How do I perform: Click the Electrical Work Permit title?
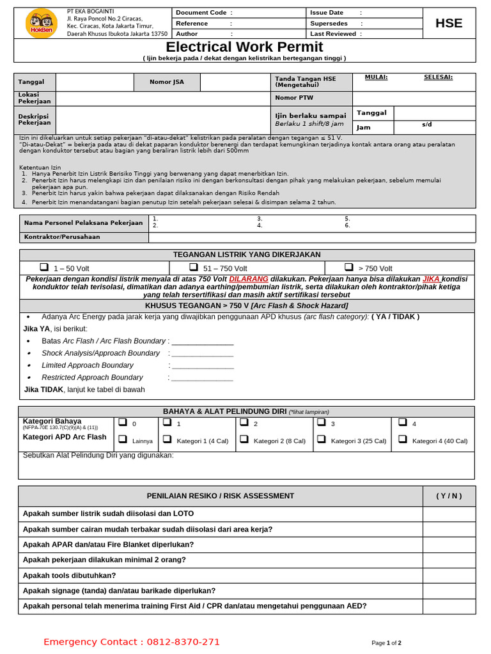coord(244,47)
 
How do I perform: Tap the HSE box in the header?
coord(448,24)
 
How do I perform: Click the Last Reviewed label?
coord(332,34)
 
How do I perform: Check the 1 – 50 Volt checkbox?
coord(44,267)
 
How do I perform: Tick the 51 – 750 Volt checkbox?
coord(194,267)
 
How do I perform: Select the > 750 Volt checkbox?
coord(348,267)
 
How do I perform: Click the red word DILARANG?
coord(249,279)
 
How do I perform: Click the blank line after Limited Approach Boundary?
coord(202,366)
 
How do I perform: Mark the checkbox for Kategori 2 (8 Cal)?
coord(244,439)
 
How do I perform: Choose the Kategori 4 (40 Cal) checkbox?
coord(402,439)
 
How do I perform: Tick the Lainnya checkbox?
coord(123,439)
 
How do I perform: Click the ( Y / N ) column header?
coord(449,496)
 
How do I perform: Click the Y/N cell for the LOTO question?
coord(449,513)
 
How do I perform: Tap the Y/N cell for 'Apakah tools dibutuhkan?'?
coord(449,575)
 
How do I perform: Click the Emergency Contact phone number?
coord(183,642)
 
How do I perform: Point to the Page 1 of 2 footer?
coord(386,643)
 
